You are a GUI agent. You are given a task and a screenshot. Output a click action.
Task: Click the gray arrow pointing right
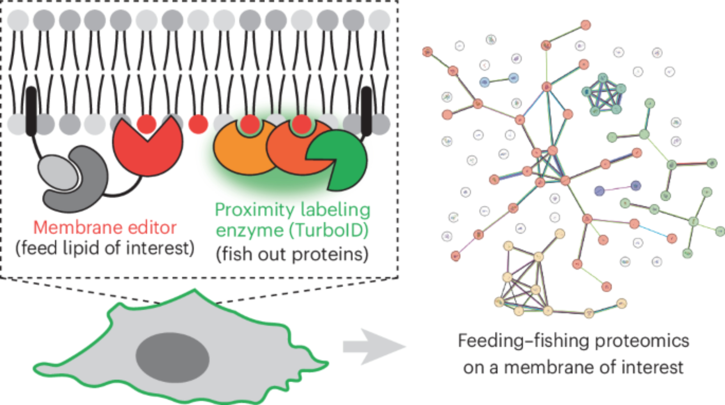373,347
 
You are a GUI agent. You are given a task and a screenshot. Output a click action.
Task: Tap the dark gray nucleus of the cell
173,357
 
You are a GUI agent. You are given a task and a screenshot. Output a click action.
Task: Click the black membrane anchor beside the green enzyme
366,110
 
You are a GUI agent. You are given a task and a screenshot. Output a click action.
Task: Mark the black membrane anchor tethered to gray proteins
32,110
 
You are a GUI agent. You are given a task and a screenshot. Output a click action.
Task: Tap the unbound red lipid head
198,124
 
